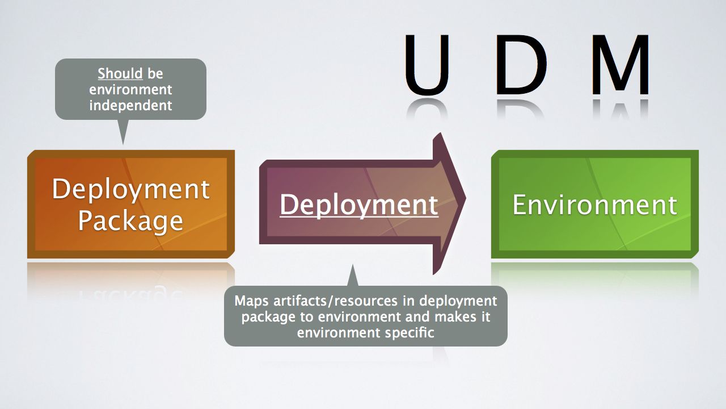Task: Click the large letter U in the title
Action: (x=429, y=64)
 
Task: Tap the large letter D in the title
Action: (x=521, y=64)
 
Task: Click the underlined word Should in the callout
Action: (x=120, y=74)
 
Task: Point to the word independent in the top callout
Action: (x=130, y=106)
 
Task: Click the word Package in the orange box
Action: (x=130, y=220)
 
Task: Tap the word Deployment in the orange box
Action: (x=130, y=189)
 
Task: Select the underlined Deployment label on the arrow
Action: (x=358, y=204)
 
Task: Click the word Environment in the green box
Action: (x=594, y=204)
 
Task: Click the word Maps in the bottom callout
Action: (x=252, y=301)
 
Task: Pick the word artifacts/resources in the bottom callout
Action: (x=334, y=301)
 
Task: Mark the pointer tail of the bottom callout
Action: (x=353, y=276)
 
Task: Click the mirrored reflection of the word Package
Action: (x=130, y=293)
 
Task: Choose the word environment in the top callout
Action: (x=130, y=90)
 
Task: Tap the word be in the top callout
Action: (x=155, y=74)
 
